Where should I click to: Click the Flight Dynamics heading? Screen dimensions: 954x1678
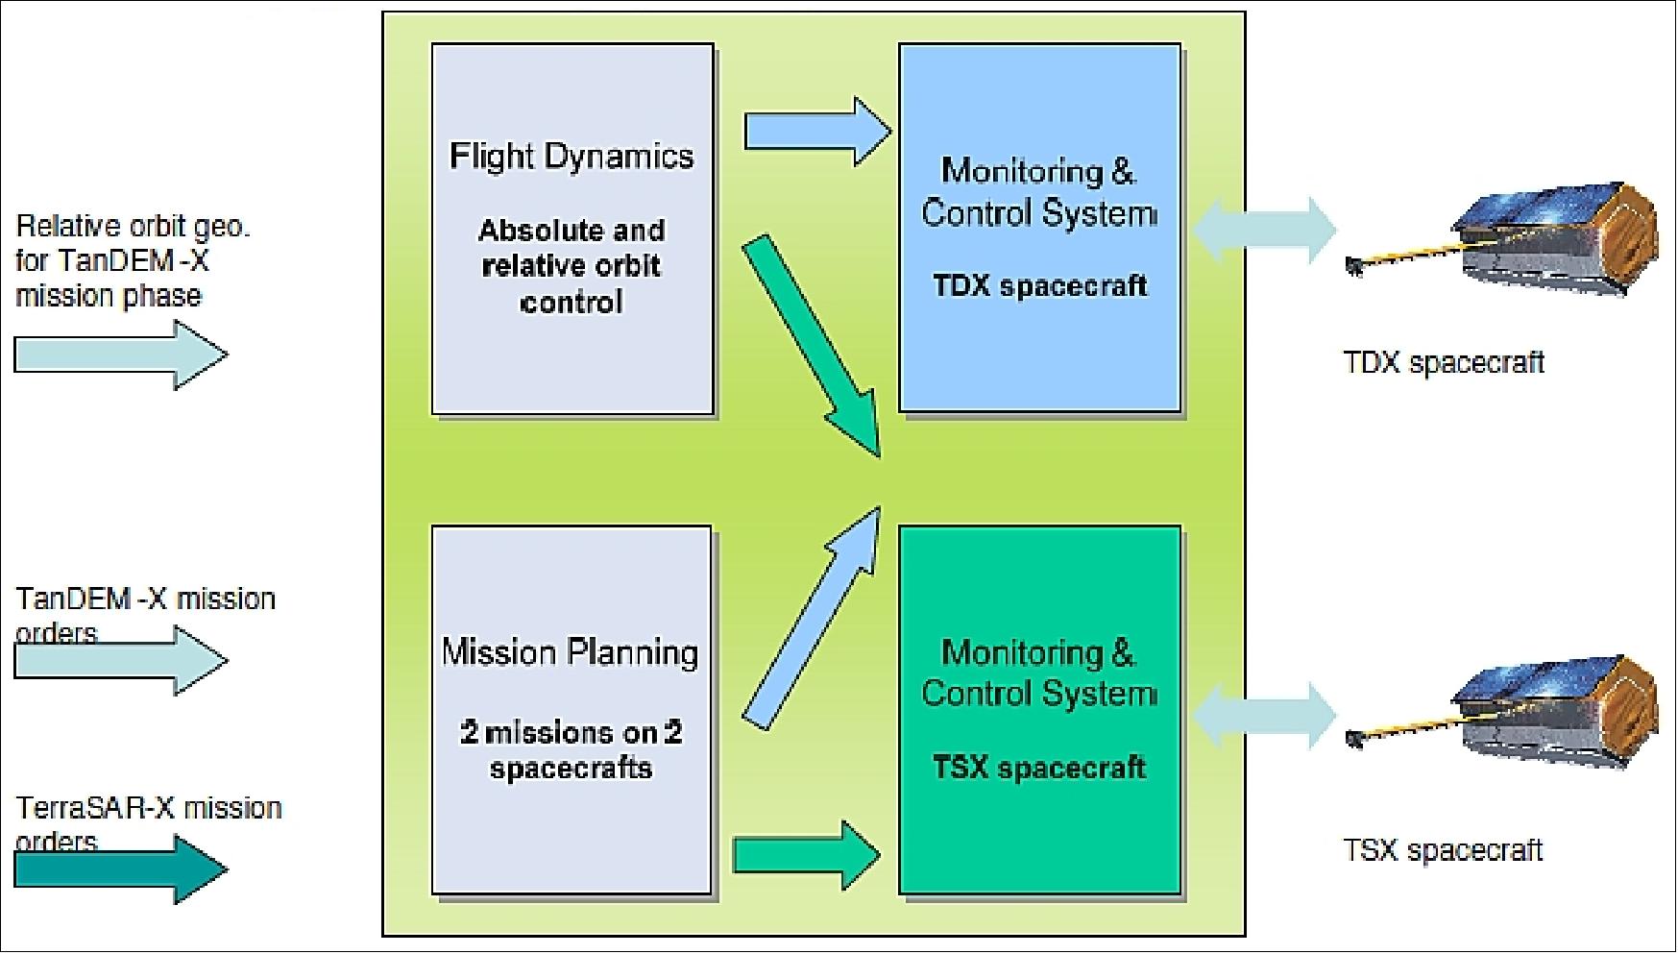(x=571, y=156)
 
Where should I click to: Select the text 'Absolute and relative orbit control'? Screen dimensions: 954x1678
(x=571, y=266)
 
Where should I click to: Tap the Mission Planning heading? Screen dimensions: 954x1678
(x=571, y=652)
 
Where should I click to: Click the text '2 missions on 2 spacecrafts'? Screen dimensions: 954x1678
(x=571, y=750)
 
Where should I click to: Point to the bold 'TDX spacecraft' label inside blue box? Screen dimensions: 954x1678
(x=1039, y=285)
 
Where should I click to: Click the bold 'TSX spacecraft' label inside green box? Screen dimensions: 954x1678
(x=1039, y=768)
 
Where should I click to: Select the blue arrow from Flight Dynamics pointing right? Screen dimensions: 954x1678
(x=816, y=131)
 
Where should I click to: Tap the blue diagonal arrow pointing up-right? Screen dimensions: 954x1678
(x=813, y=619)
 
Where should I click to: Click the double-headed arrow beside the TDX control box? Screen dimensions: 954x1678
(x=1263, y=230)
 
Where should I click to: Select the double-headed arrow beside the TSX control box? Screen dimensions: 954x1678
(x=1263, y=715)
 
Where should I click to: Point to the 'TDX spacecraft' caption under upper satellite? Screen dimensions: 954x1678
(x=1443, y=362)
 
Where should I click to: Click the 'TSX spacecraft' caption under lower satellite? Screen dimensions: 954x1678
(x=1443, y=849)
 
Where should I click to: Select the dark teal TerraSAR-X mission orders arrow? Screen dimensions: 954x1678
(x=120, y=869)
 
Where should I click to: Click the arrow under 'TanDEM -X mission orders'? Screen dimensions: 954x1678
(x=120, y=661)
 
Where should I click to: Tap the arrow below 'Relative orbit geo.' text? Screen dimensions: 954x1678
(x=120, y=355)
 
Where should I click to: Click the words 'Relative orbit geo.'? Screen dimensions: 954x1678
(x=133, y=227)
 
